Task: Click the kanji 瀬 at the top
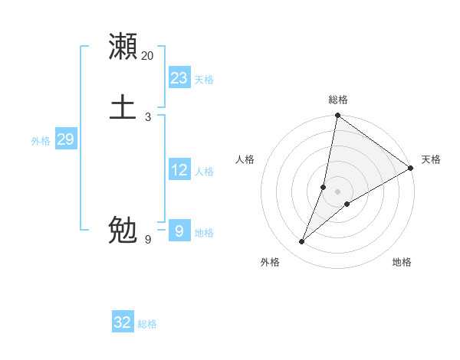123,47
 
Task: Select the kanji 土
123,106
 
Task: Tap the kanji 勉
123,230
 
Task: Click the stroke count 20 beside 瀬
147,56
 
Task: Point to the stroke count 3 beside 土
147,116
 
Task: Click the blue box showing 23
179,78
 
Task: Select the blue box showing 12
179,170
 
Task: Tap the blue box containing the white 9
179,231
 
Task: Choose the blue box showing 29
65,139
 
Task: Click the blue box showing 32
123,322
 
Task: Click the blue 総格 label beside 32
147,324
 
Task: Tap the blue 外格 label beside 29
41,141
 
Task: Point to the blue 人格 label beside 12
204,172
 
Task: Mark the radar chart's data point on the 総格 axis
337,116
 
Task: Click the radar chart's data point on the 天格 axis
411,168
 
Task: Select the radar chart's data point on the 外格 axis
302,241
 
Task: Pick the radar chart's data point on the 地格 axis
347,203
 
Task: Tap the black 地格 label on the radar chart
402,262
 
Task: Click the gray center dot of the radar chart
337,191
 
